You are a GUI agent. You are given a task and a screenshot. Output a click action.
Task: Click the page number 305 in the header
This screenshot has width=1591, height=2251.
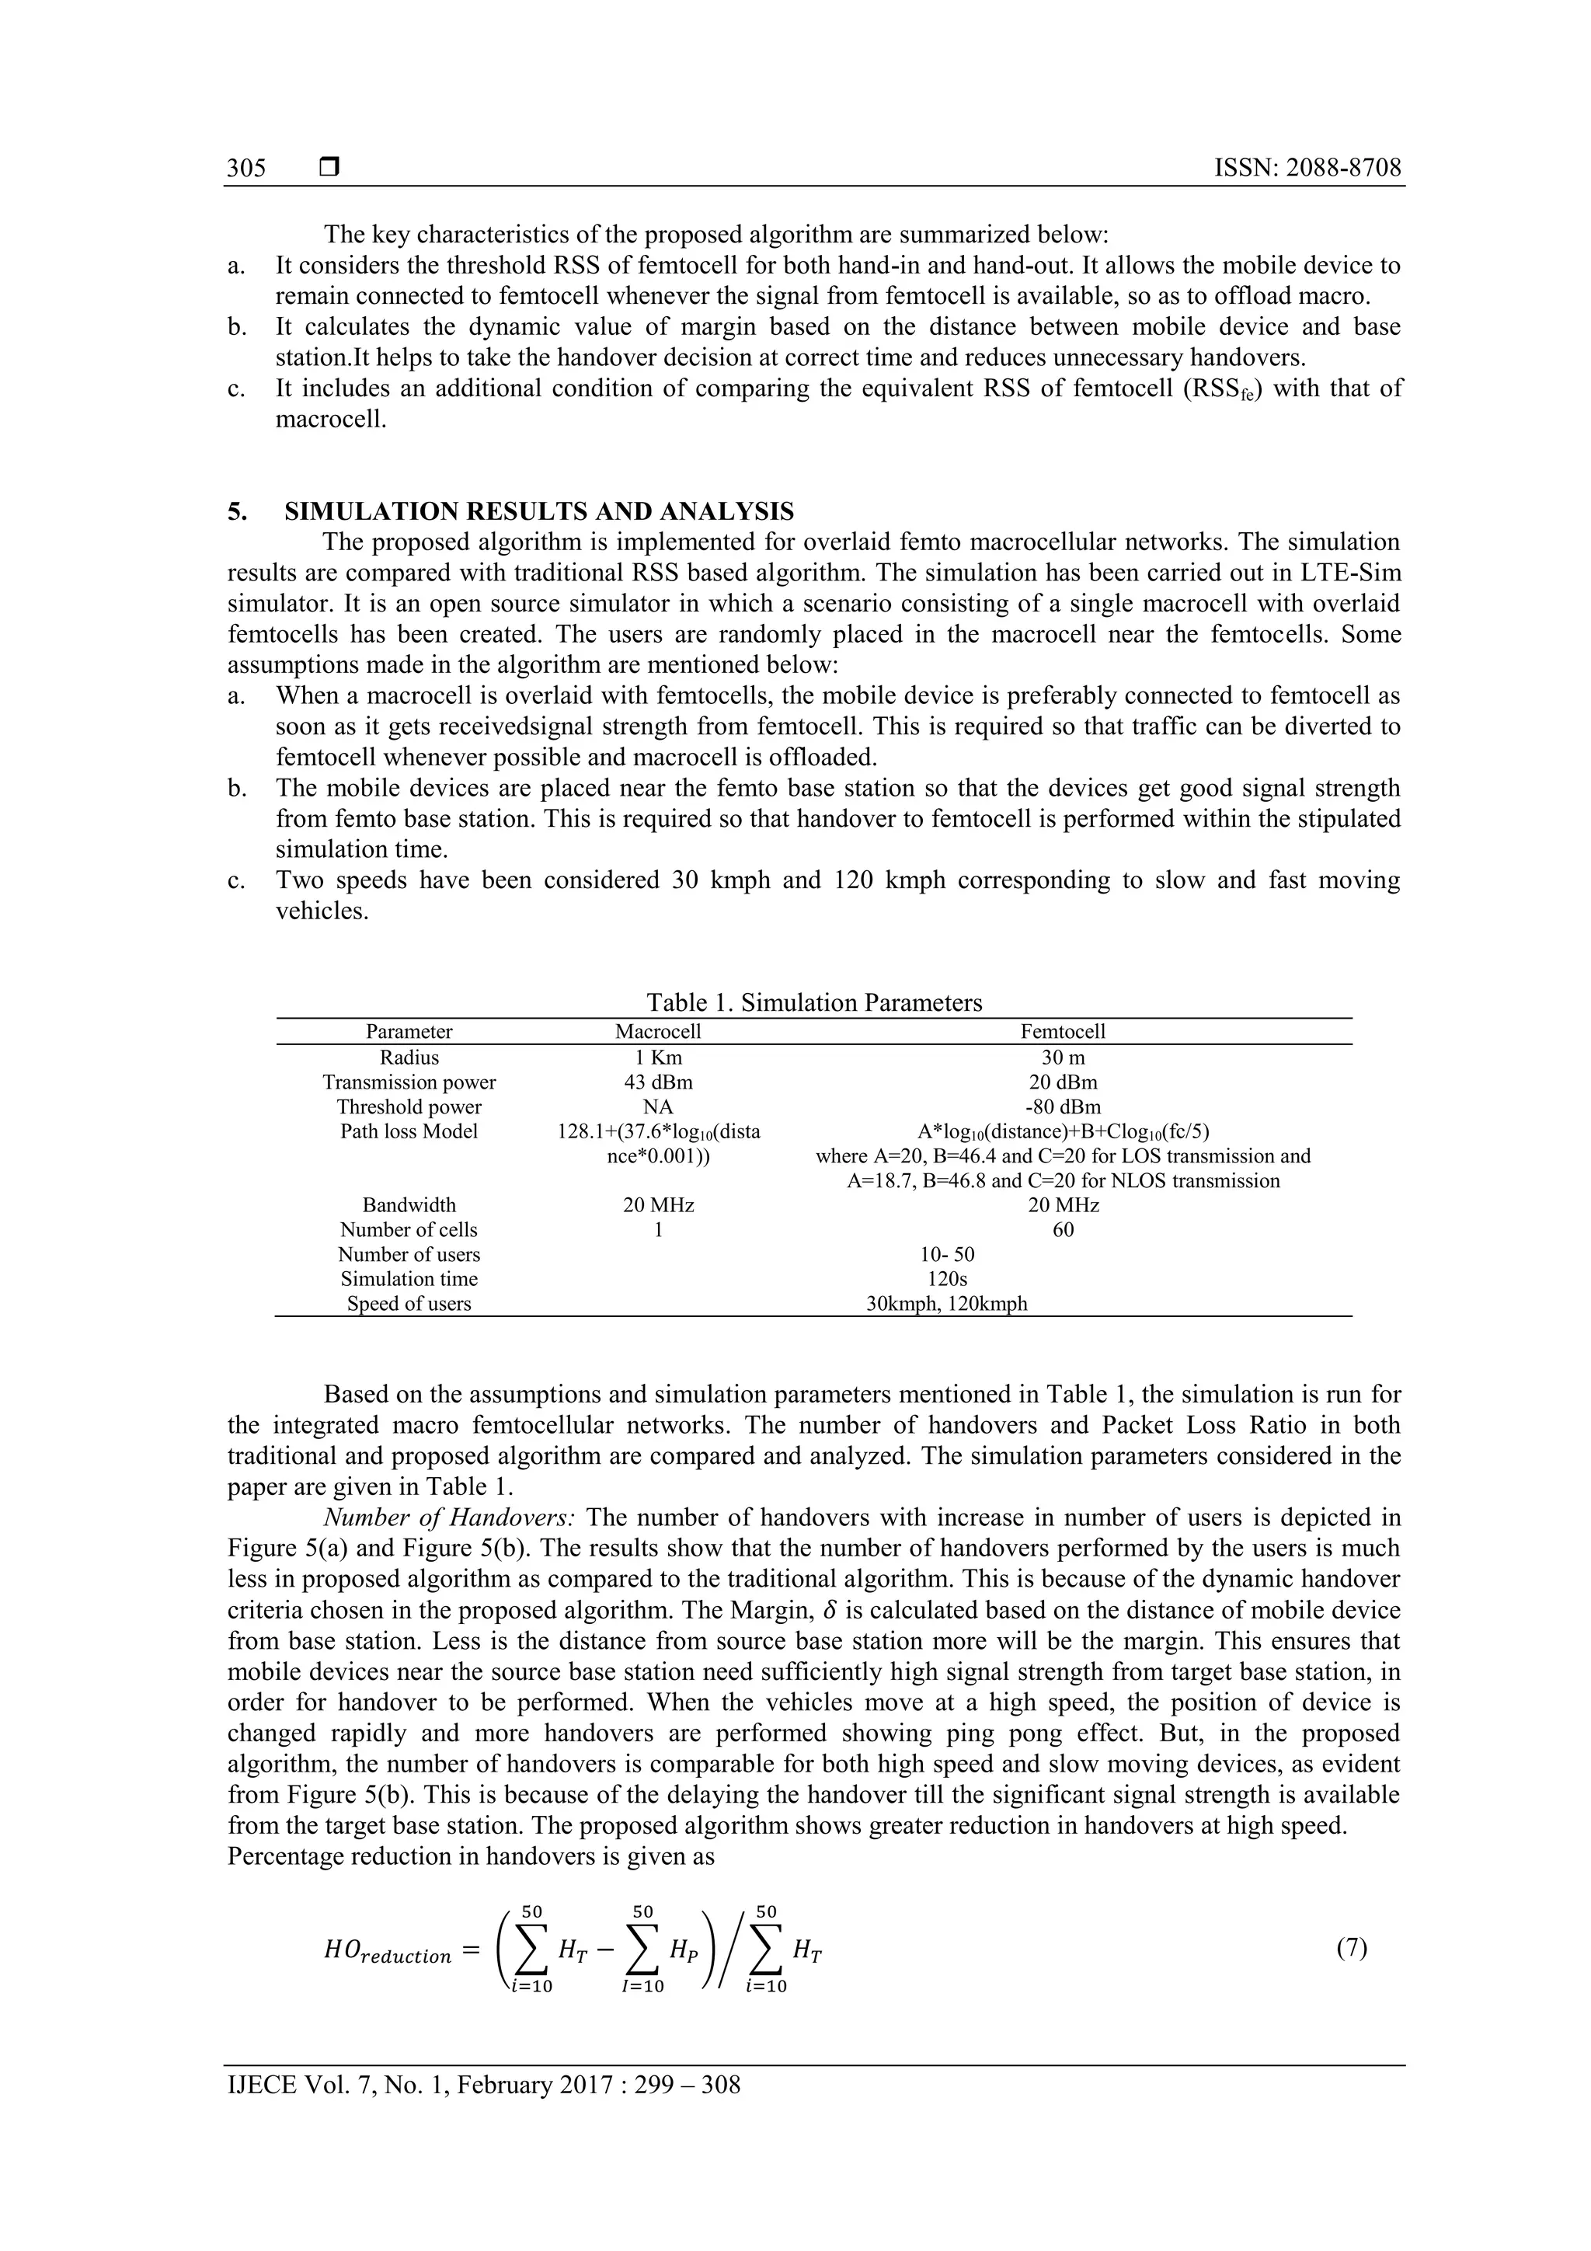click(246, 168)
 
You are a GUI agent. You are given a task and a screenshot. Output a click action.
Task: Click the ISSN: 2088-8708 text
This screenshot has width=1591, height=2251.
click(1307, 168)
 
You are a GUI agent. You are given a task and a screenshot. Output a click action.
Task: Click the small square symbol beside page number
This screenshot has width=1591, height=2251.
click(329, 168)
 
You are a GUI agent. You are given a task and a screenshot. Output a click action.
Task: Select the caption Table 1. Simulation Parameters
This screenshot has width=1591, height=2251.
click(813, 1002)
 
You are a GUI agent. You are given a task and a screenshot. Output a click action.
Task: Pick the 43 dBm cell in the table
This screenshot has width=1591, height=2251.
click(658, 1082)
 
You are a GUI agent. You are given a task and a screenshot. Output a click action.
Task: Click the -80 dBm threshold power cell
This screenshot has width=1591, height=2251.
click(1063, 1107)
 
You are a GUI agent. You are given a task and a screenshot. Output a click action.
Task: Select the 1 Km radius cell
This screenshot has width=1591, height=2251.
click(658, 1058)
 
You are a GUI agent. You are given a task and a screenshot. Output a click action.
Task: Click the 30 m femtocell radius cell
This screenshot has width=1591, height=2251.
click(1063, 1058)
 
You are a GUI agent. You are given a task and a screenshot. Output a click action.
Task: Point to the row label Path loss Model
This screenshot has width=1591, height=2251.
click(409, 1131)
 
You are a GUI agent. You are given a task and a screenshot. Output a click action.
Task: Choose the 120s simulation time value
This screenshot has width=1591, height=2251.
click(947, 1278)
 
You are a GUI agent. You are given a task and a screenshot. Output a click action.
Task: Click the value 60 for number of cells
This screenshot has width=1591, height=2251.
click(1063, 1229)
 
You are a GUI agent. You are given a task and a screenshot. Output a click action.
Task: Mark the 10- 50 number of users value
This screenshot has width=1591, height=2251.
click(947, 1254)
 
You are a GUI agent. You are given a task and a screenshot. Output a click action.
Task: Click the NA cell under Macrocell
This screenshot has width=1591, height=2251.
click(658, 1107)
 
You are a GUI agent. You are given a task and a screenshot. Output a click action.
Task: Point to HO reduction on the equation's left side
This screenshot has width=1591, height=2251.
click(386, 1953)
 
